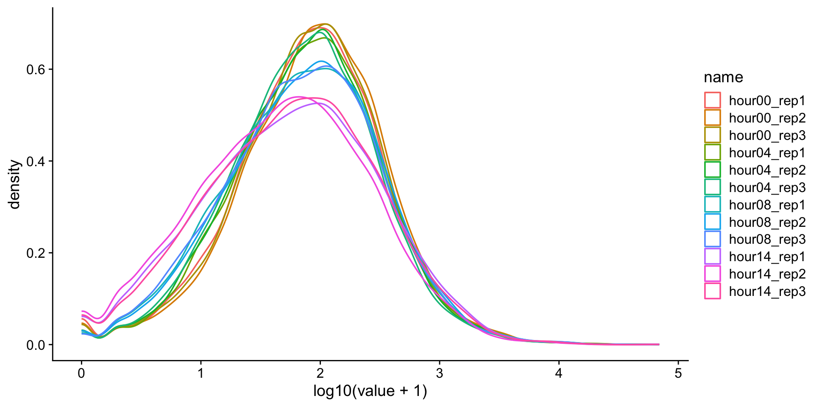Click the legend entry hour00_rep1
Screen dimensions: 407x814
pos(767,101)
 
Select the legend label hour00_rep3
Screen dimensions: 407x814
pos(767,136)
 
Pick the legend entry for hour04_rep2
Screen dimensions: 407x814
pos(767,170)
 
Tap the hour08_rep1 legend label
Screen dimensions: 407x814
pos(767,205)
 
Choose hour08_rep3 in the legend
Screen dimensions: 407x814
pos(767,240)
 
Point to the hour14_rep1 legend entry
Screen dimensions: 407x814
pos(767,257)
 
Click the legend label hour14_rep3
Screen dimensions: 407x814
pos(767,292)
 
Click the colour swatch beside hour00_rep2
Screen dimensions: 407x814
pos(712,118)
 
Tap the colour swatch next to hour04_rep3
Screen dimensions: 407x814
pos(712,187)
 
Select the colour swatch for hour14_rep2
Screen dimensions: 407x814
pos(712,274)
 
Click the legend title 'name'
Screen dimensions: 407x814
pos(723,77)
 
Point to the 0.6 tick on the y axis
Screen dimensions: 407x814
pos(36,70)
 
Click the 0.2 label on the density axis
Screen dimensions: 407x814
pos(36,253)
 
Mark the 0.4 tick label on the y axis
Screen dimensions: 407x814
pos(36,162)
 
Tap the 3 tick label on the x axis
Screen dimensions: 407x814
pos(440,374)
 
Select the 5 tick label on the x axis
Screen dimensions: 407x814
pos(678,374)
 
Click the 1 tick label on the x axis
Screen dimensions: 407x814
pos(201,374)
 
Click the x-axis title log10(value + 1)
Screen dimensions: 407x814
pos(370,391)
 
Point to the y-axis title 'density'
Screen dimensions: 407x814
pos(15,184)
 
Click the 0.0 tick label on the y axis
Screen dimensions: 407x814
pos(36,345)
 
